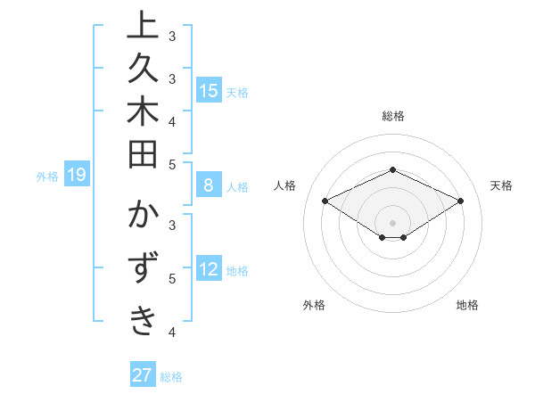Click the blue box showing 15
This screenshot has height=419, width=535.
coord(209,90)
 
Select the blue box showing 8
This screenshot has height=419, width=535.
coord(209,186)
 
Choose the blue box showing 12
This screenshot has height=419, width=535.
coord(209,269)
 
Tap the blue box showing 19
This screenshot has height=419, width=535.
coord(76,176)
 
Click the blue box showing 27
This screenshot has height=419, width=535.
coord(142,375)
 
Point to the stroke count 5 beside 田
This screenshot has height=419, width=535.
coord(172,165)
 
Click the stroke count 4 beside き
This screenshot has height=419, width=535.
coord(172,333)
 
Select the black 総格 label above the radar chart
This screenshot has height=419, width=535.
coord(392,116)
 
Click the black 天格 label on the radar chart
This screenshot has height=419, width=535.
coord(501,185)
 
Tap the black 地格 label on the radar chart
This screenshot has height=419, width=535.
coord(467,305)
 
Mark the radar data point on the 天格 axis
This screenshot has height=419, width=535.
coord(461,201)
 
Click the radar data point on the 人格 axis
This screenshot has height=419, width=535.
coord(325,201)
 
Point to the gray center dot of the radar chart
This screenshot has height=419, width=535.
coord(392,222)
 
